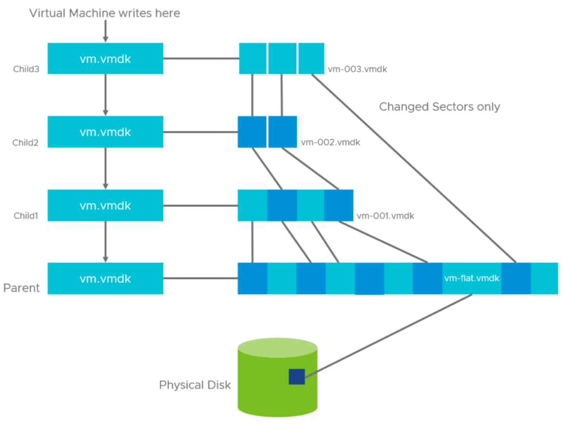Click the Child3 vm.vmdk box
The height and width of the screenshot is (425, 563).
tap(105, 59)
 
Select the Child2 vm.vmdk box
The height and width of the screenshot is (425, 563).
tap(105, 132)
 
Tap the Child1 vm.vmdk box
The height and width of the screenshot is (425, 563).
tap(105, 205)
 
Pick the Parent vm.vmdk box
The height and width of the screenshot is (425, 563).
tap(105, 278)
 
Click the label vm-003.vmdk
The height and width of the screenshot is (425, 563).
tap(357, 69)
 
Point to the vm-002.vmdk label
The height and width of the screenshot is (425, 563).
tap(330, 142)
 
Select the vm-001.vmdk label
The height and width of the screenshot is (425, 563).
tap(385, 216)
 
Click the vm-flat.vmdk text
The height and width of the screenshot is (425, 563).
tap(472, 278)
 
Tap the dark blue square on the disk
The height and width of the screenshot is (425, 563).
tap(296, 376)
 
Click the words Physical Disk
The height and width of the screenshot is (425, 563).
tap(195, 385)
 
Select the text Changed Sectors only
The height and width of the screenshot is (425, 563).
tap(439, 107)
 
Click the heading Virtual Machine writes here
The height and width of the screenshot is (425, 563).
tap(105, 13)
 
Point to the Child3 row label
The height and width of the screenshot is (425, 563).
tap(26, 69)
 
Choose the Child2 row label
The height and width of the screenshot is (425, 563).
tap(26, 143)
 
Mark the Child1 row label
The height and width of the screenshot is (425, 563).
tap(26, 216)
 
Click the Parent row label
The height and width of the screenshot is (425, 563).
tap(21, 288)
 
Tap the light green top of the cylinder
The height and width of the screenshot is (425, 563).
tap(277, 348)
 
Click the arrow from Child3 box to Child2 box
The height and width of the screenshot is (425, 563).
tap(105, 95)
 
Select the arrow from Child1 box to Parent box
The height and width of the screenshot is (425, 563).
tap(105, 242)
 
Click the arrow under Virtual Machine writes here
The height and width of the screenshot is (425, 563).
tap(105, 31)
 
